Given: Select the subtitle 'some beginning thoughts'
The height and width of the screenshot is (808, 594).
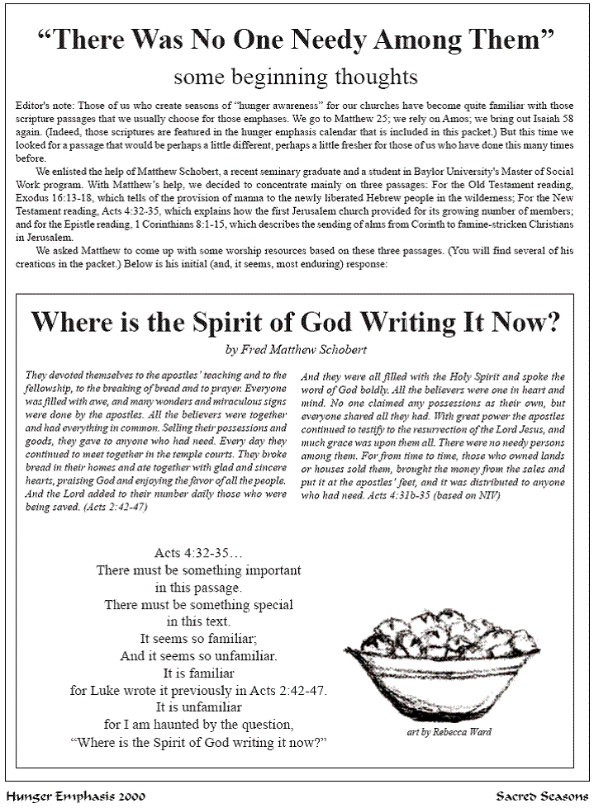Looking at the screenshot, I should (x=296, y=78).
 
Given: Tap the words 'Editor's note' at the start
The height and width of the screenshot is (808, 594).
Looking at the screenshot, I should (x=40, y=108).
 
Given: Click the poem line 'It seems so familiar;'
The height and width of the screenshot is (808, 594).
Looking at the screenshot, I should (x=199, y=638).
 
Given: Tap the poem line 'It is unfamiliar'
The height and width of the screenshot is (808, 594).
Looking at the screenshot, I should (x=199, y=707).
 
